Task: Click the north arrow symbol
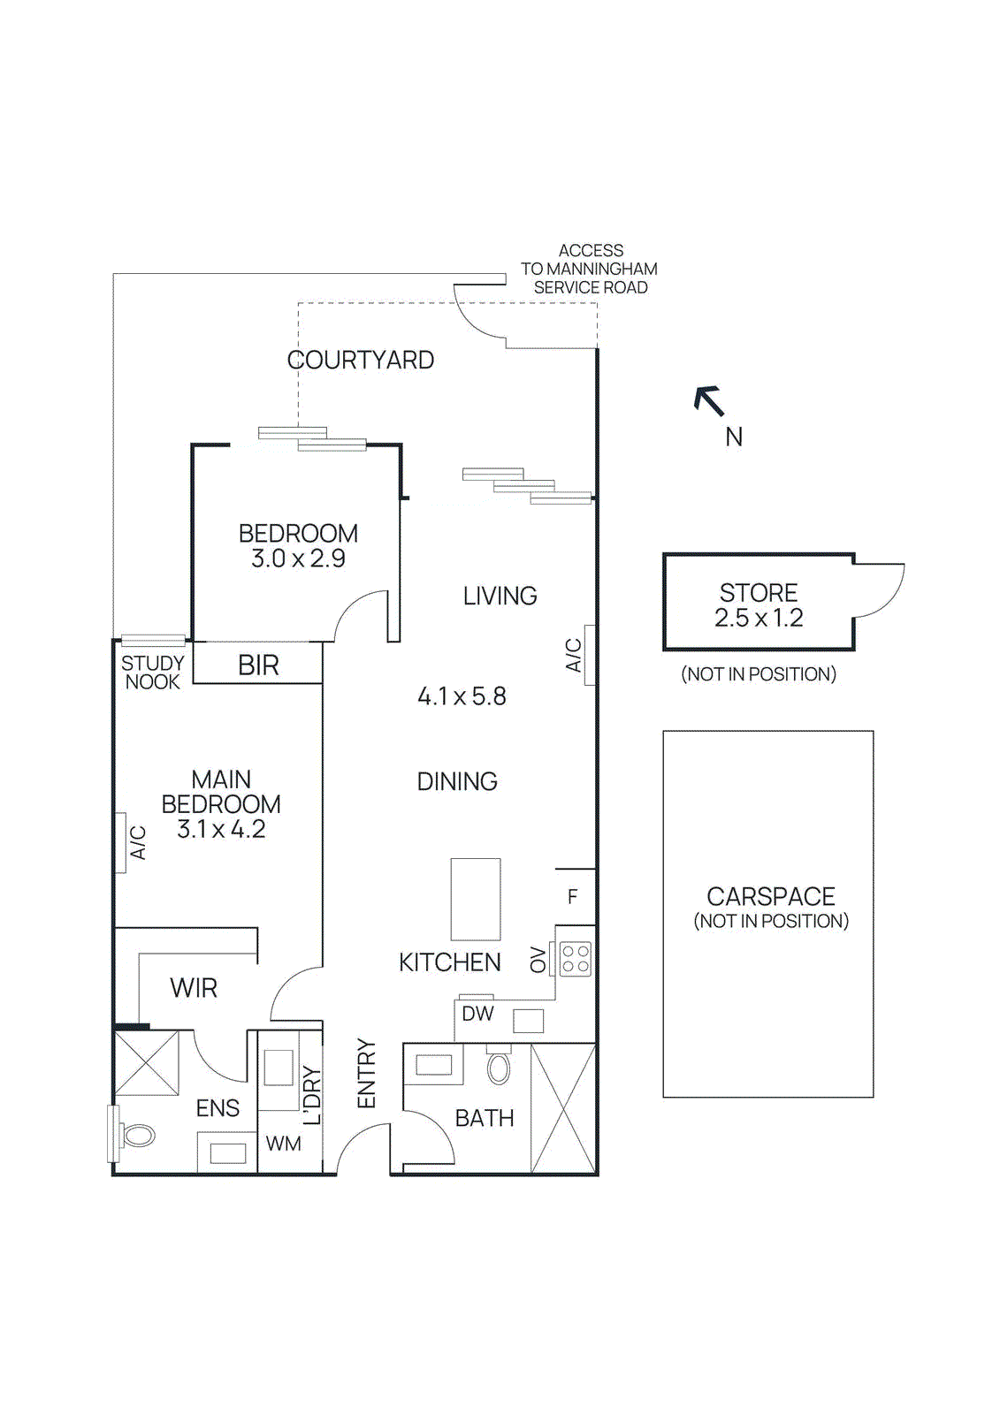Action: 709,401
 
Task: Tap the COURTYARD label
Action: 361,360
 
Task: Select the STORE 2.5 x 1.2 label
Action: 759,605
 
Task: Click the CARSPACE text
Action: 770,896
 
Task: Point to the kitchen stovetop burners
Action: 576,959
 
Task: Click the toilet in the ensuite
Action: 137,1136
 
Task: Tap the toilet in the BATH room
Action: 499,1068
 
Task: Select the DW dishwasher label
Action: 477,1014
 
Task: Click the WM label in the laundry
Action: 283,1144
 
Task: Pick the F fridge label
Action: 572,897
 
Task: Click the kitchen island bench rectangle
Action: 476,899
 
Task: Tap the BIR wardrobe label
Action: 258,665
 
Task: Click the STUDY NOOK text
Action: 152,673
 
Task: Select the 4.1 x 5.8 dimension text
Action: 462,696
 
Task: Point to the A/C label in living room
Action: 573,655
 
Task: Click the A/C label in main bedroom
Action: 138,842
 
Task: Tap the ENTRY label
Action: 366,1074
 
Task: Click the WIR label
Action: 194,988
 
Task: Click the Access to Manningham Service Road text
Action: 590,269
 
